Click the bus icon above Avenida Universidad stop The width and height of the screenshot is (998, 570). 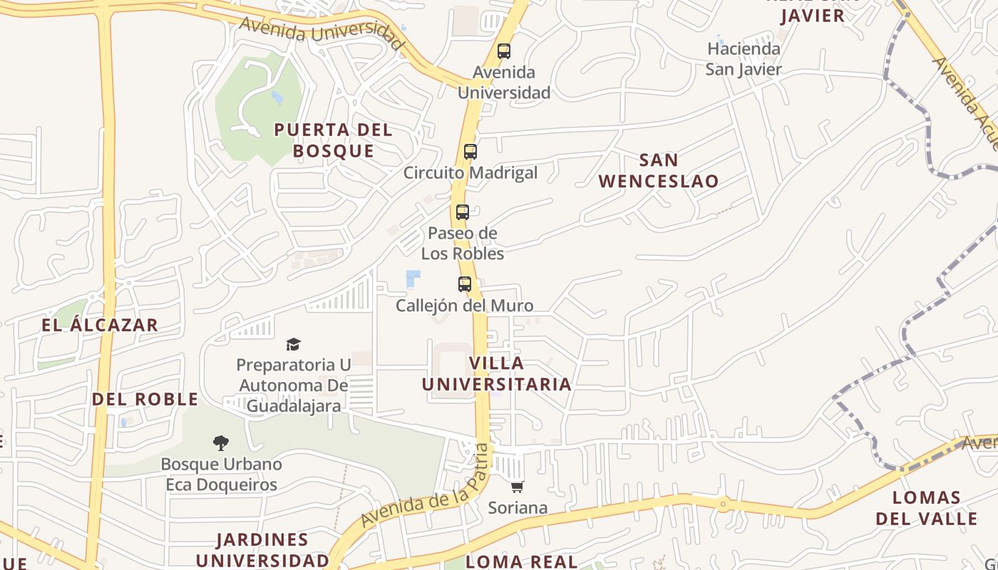[x=504, y=51]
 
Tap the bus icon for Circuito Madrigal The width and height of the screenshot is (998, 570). [x=470, y=152]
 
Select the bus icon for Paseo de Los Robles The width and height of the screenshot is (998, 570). [x=463, y=212]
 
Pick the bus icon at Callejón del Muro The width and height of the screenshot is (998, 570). [x=465, y=284]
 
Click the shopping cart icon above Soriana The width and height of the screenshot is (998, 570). [x=517, y=487]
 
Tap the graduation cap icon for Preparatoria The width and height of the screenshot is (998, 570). [x=293, y=345]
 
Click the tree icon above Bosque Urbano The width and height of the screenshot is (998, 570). [x=221, y=443]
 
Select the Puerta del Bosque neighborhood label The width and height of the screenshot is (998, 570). [x=334, y=140]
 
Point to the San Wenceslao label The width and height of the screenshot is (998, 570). [x=659, y=170]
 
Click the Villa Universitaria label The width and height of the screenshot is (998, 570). [x=497, y=374]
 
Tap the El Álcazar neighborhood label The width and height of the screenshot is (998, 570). [x=100, y=326]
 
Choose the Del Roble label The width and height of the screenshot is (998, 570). [x=145, y=399]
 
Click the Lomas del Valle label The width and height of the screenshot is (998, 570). [x=927, y=508]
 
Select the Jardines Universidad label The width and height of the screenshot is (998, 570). [x=262, y=549]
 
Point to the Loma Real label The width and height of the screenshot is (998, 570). [x=522, y=561]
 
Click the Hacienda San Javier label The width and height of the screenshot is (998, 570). [x=744, y=59]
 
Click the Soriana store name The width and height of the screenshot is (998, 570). [x=518, y=508]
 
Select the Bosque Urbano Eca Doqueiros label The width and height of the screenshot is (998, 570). [x=221, y=475]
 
